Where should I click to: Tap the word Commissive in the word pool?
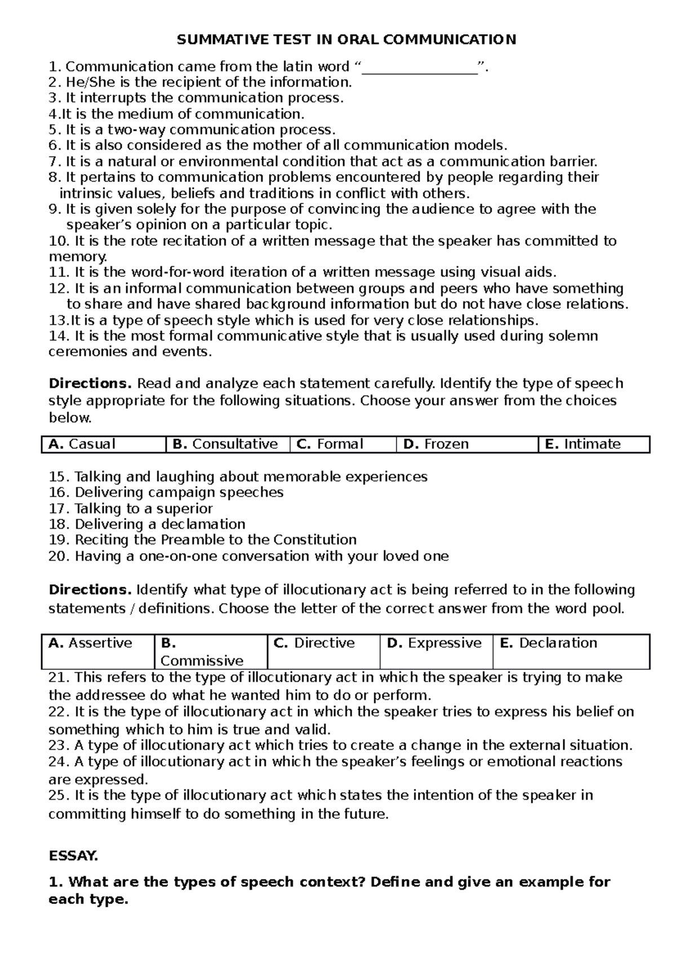point(202,661)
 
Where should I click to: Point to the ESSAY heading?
point(73,857)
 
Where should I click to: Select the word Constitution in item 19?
point(315,540)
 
